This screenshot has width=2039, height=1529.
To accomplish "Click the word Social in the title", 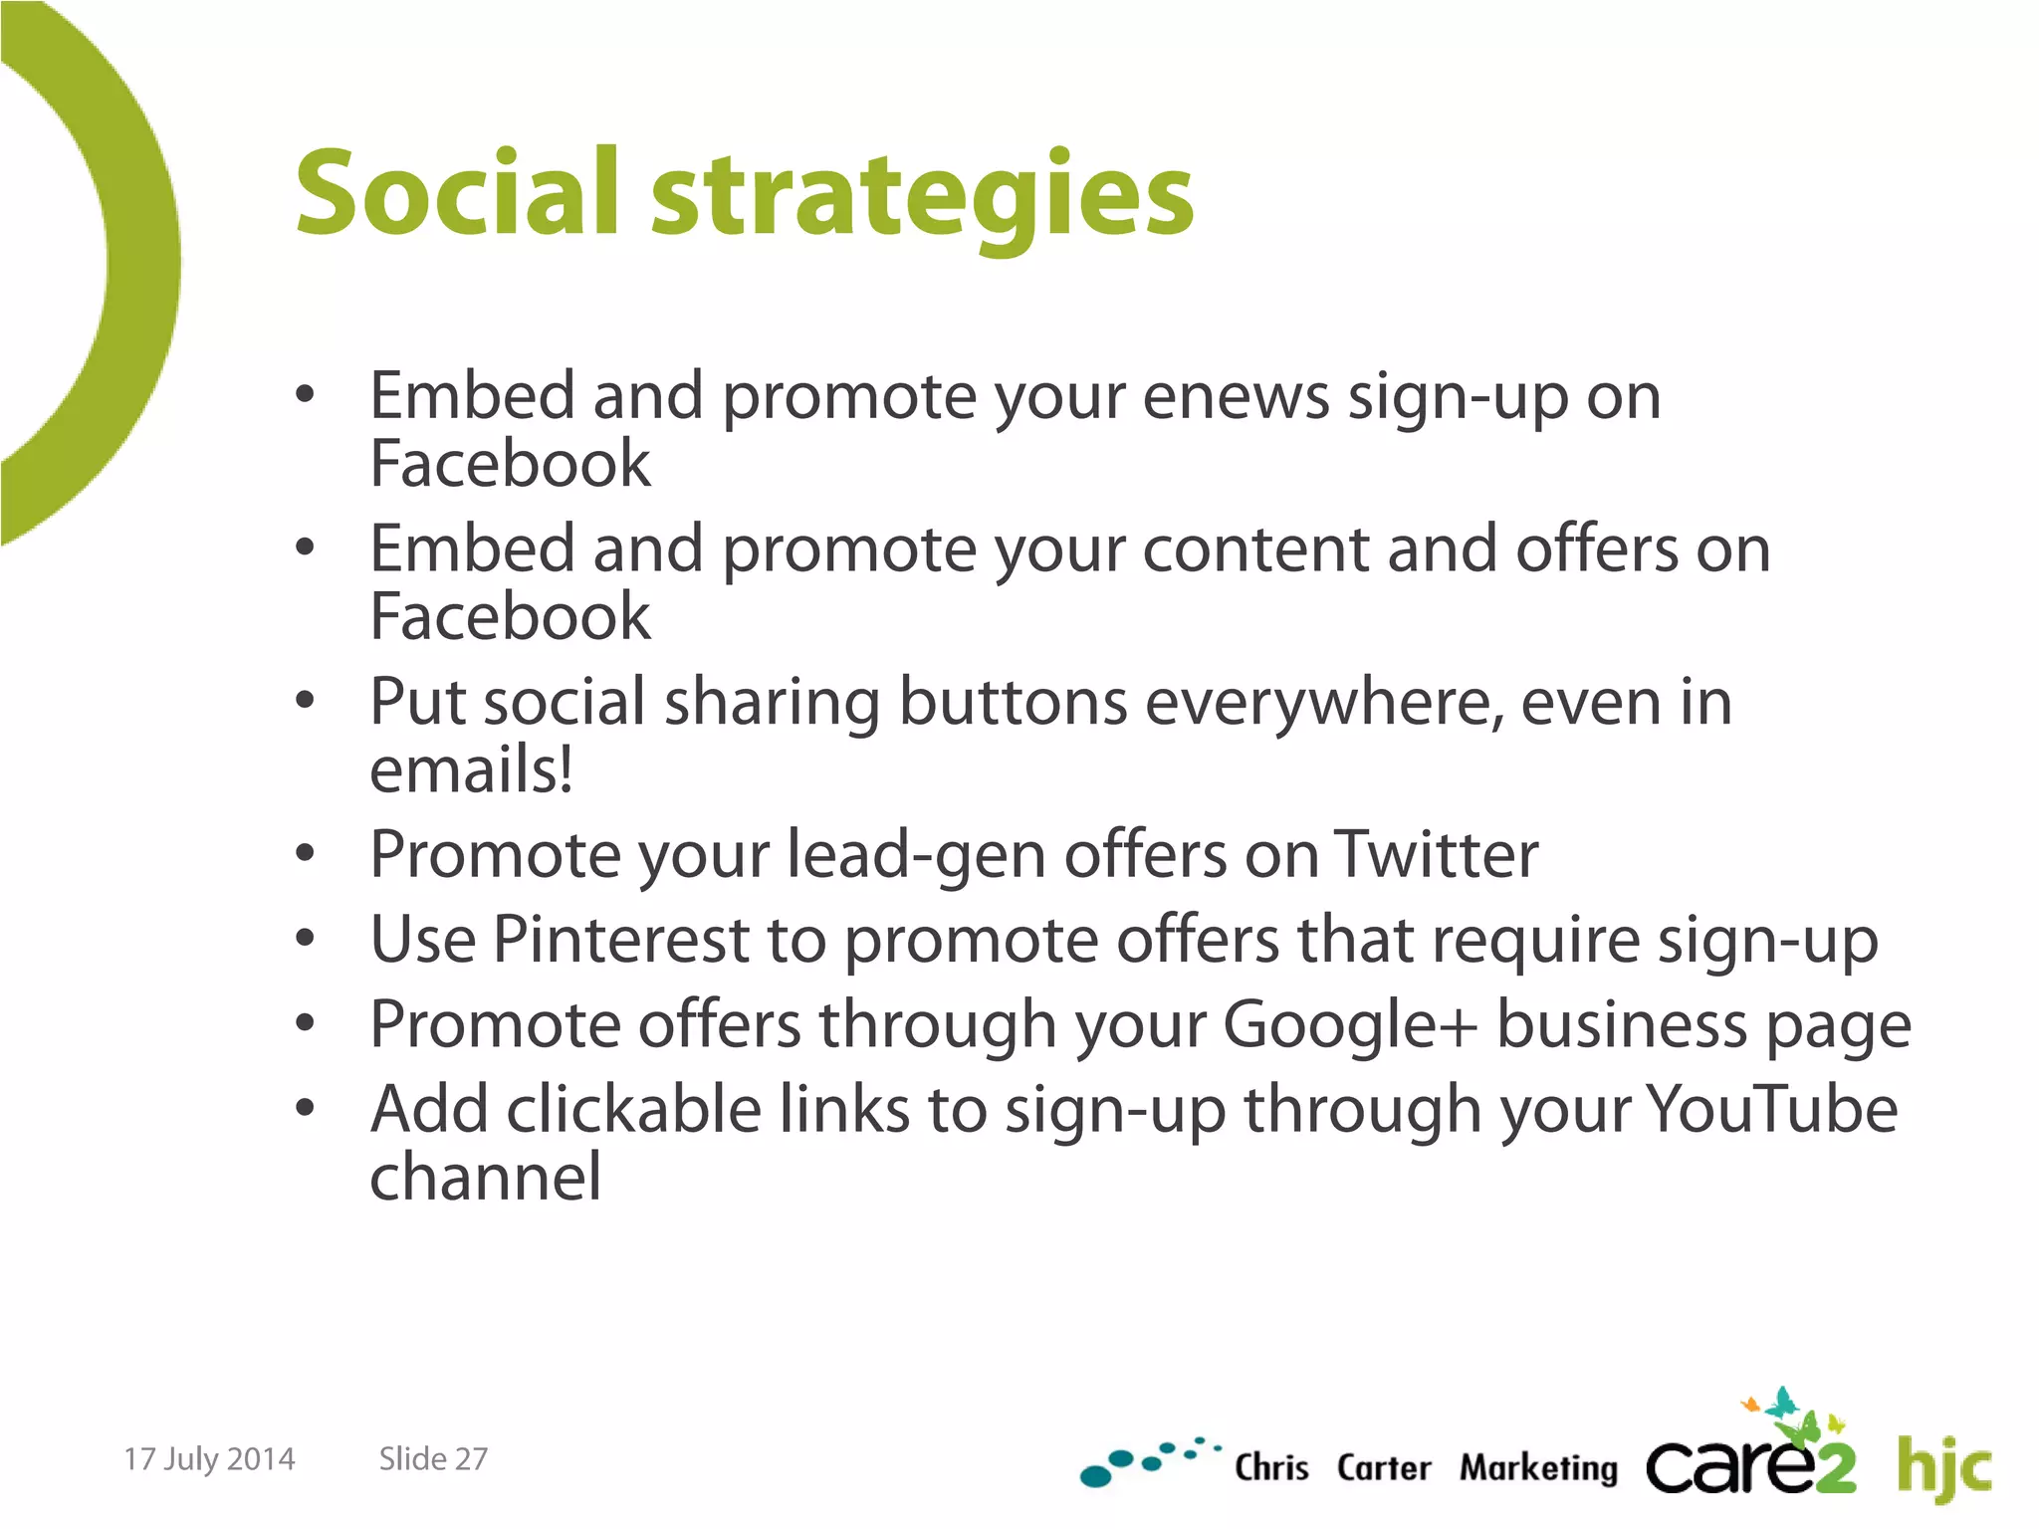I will [x=457, y=193].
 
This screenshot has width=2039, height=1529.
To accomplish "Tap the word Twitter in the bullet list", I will [x=1436, y=855].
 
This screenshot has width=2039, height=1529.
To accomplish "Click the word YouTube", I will [x=1771, y=1109].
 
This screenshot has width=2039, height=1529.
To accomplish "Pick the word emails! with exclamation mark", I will [x=471, y=770].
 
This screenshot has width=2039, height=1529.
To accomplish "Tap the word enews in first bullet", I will [x=1236, y=397].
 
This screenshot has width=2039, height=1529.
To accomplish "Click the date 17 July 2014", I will [x=209, y=1459].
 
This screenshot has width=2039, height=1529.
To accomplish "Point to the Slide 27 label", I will [x=433, y=1459].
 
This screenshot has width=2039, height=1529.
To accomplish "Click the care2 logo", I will [x=1750, y=1461].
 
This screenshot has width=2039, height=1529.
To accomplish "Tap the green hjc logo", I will [x=1943, y=1467].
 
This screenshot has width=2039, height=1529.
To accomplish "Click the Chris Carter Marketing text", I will [x=1425, y=1468].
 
